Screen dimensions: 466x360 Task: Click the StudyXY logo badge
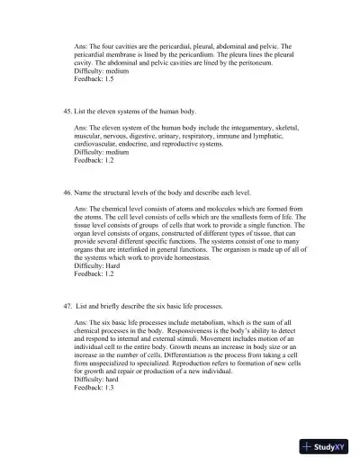click(324, 446)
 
